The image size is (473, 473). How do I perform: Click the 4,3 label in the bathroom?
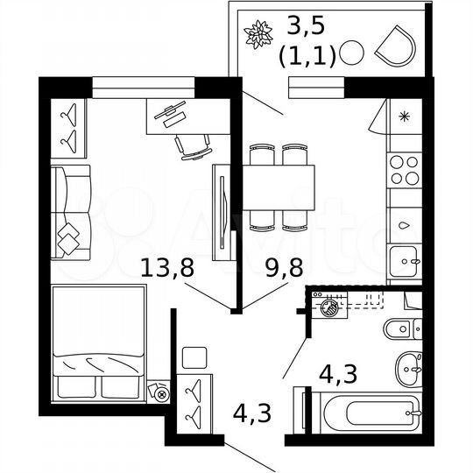point(337,375)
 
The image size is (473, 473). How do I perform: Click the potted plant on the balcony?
point(258,35)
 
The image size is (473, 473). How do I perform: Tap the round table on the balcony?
point(350,53)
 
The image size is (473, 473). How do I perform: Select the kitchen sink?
point(405,259)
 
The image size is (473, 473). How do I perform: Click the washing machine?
point(332,308)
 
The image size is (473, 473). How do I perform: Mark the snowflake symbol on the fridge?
point(403,116)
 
